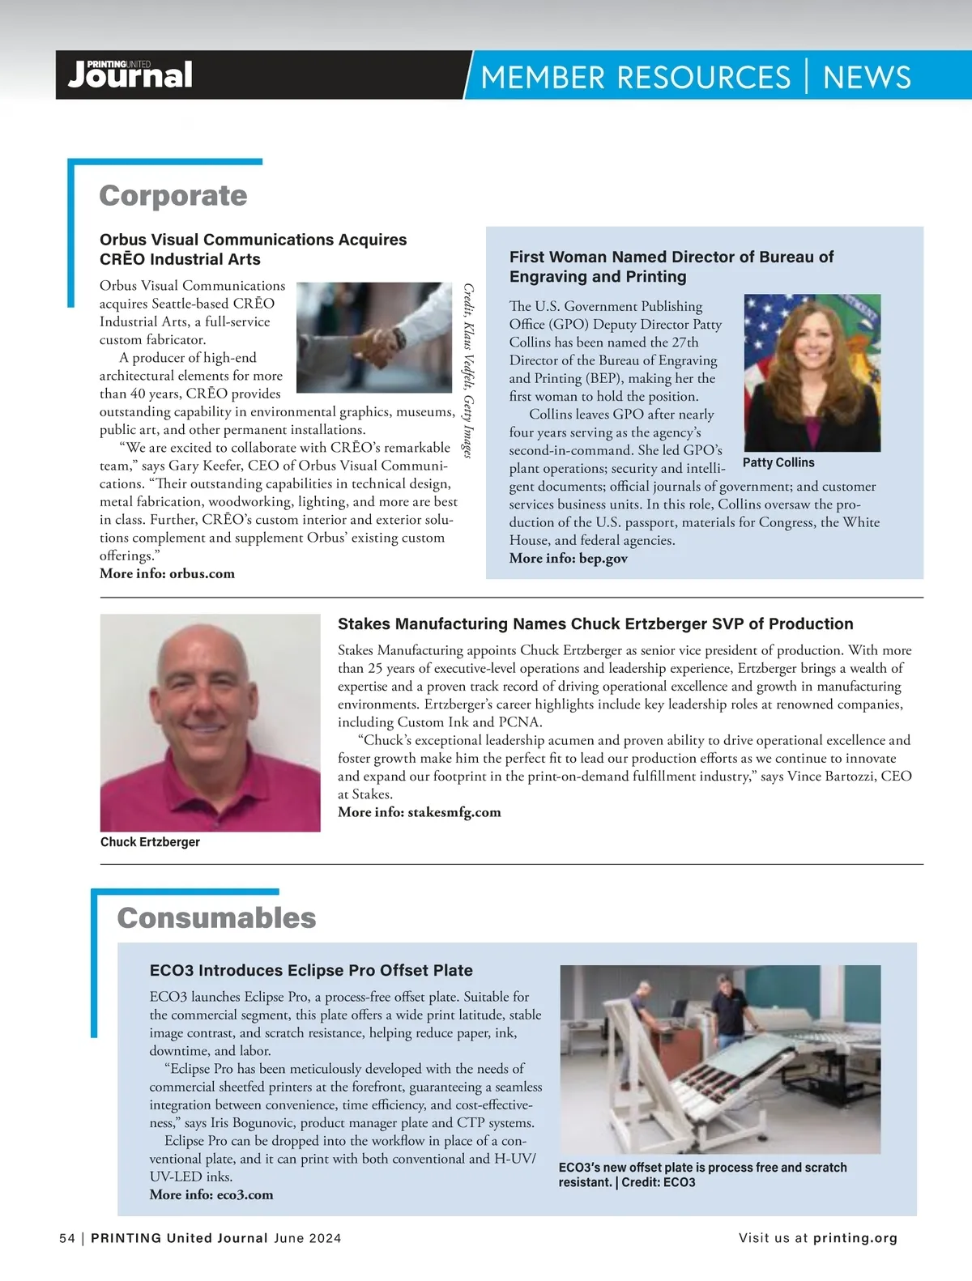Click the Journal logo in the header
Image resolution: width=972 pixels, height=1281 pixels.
130,75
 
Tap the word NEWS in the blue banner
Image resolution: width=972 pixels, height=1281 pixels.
867,78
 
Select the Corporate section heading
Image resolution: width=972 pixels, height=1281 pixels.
173,196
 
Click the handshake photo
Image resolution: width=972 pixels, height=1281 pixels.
373,337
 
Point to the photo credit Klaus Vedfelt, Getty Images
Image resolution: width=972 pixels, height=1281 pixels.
467,370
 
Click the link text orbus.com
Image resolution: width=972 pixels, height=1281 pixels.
202,573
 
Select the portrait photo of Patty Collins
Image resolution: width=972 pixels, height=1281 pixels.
812,372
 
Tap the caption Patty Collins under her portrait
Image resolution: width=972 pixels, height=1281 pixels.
778,462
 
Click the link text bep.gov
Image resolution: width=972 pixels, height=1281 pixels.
603,558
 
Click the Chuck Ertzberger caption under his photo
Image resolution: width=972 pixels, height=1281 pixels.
150,842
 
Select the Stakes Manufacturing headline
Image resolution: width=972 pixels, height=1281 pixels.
595,623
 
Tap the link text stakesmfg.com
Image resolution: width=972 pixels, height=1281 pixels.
454,812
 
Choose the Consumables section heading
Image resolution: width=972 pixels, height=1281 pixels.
216,918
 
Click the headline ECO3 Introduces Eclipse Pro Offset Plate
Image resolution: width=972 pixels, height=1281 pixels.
311,970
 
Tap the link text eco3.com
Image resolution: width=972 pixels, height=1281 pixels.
245,1194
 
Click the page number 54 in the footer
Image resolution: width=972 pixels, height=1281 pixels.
67,1238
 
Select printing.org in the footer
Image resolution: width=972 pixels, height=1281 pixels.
855,1238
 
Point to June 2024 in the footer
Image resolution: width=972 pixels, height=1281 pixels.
307,1238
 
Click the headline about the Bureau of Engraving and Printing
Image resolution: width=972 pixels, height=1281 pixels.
671,266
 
